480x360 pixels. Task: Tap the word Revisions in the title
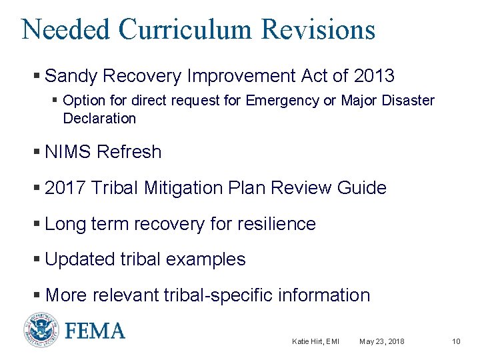point(319,30)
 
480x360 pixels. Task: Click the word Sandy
point(70,76)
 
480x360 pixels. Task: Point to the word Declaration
point(99,119)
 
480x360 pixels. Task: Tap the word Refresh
point(129,152)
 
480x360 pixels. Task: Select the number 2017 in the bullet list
point(65,188)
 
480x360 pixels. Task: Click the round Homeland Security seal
point(41,331)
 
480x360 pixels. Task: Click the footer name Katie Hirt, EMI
point(315,342)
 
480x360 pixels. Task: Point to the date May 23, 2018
point(381,342)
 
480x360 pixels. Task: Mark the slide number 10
point(456,342)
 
